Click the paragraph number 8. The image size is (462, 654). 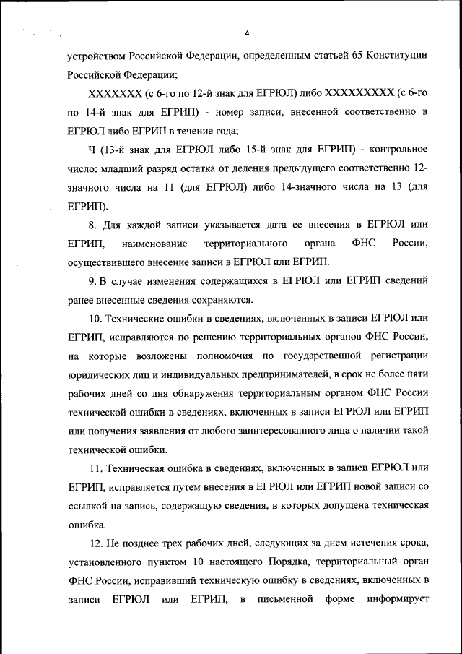click(x=90, y=225)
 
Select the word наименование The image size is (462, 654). click(x=154, y=244)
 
